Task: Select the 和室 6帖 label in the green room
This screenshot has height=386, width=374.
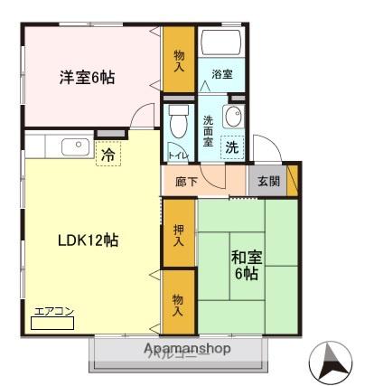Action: coord(247,264)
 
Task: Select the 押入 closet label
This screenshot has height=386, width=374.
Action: coord(179,236)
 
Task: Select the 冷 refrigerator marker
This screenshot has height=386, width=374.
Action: coord(108,155)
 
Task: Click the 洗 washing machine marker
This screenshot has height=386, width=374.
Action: coord(232,147)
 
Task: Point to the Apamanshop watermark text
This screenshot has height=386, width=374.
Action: coord(186,348)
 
